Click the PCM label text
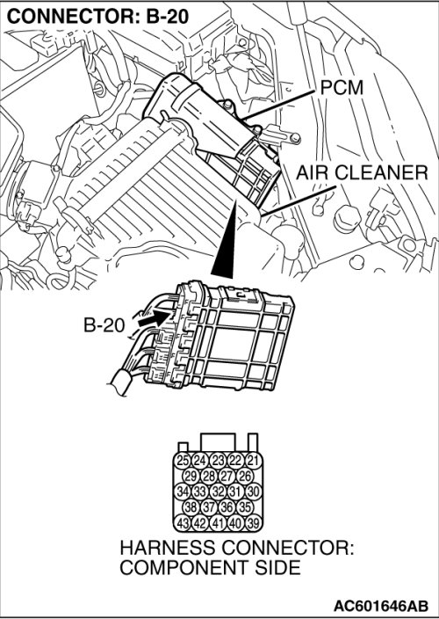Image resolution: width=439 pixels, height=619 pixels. pyautogui.click(x=342, y=88)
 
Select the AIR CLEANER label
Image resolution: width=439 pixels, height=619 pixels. pyautogui.click(x=362, y=173)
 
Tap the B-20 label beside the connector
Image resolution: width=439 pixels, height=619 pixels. pyautogui.click(x=104, y=325)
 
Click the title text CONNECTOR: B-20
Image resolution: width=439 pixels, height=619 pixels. pyautogui.click(x=98, y=17)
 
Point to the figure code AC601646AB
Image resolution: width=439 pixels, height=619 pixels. pyautogui.click(x=381, y=606)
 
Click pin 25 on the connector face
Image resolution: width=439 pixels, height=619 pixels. pyautogui.click(x=182, y=461)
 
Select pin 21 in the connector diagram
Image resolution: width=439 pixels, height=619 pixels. pyautogui.click(x=254, y=461)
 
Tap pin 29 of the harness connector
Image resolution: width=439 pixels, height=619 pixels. pyautogui.click(x=191, y=476)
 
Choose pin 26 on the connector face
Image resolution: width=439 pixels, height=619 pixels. pyautogui.click(x=245, y=476)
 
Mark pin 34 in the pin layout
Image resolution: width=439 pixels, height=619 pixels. pyautogui.click(x=182, y=492)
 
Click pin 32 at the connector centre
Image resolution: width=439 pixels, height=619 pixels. pyautogui.click(x=218, y=492)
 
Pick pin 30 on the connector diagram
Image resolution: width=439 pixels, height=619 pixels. pyautogui.click(x=254, y=492)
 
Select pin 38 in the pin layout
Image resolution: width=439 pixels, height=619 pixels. pyautogui.click(x=191, y=507)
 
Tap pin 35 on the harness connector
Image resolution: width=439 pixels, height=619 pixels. pyautogui.click(x=245, y=507)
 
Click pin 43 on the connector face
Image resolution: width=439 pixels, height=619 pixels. pyautogui.click(x=182, y=523)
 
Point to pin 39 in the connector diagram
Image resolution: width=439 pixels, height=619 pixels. pyautogui.click(x=254, y=523)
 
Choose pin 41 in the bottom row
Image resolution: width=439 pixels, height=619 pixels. pyautogui.click(x=218, y=523)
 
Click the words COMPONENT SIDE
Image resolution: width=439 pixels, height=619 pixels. pyautogui.click(x=210, y=568)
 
